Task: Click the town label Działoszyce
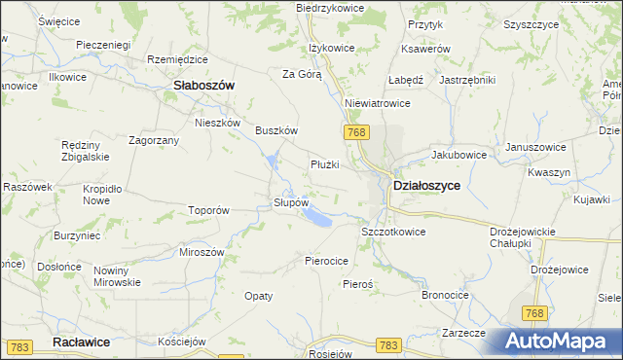425,185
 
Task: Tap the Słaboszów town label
203,86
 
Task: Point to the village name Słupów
291,202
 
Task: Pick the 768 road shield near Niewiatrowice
354,131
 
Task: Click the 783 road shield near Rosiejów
388,345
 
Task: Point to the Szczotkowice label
393,233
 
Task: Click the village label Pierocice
327,261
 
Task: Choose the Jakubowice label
458,154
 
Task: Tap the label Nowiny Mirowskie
117,276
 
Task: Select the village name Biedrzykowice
330,8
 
